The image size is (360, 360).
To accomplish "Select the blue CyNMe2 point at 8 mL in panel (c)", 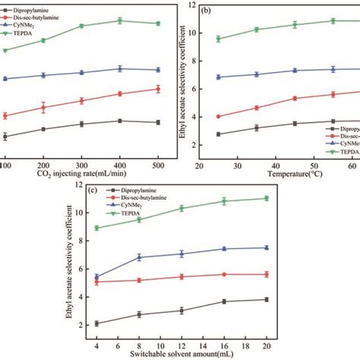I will pos(138,257).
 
